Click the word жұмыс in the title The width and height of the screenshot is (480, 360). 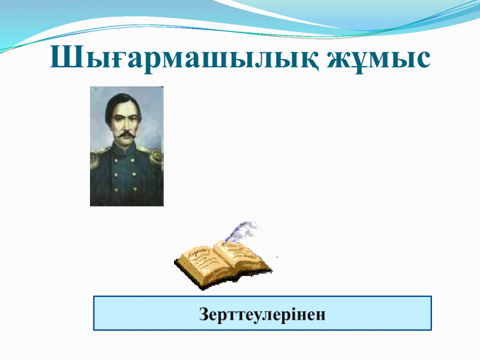click(x=379, y=59)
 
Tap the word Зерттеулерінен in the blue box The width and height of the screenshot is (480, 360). click(x=262, y=314)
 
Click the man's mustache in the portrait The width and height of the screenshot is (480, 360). click(x=126, y=134)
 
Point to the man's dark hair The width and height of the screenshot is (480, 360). click(x=122, y=104)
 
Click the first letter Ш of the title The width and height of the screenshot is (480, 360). click(x=66, y=56)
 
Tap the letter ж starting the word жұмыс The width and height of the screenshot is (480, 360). click(x=340, y=59)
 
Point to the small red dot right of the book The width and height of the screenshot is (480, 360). click(x=277, y=257)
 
